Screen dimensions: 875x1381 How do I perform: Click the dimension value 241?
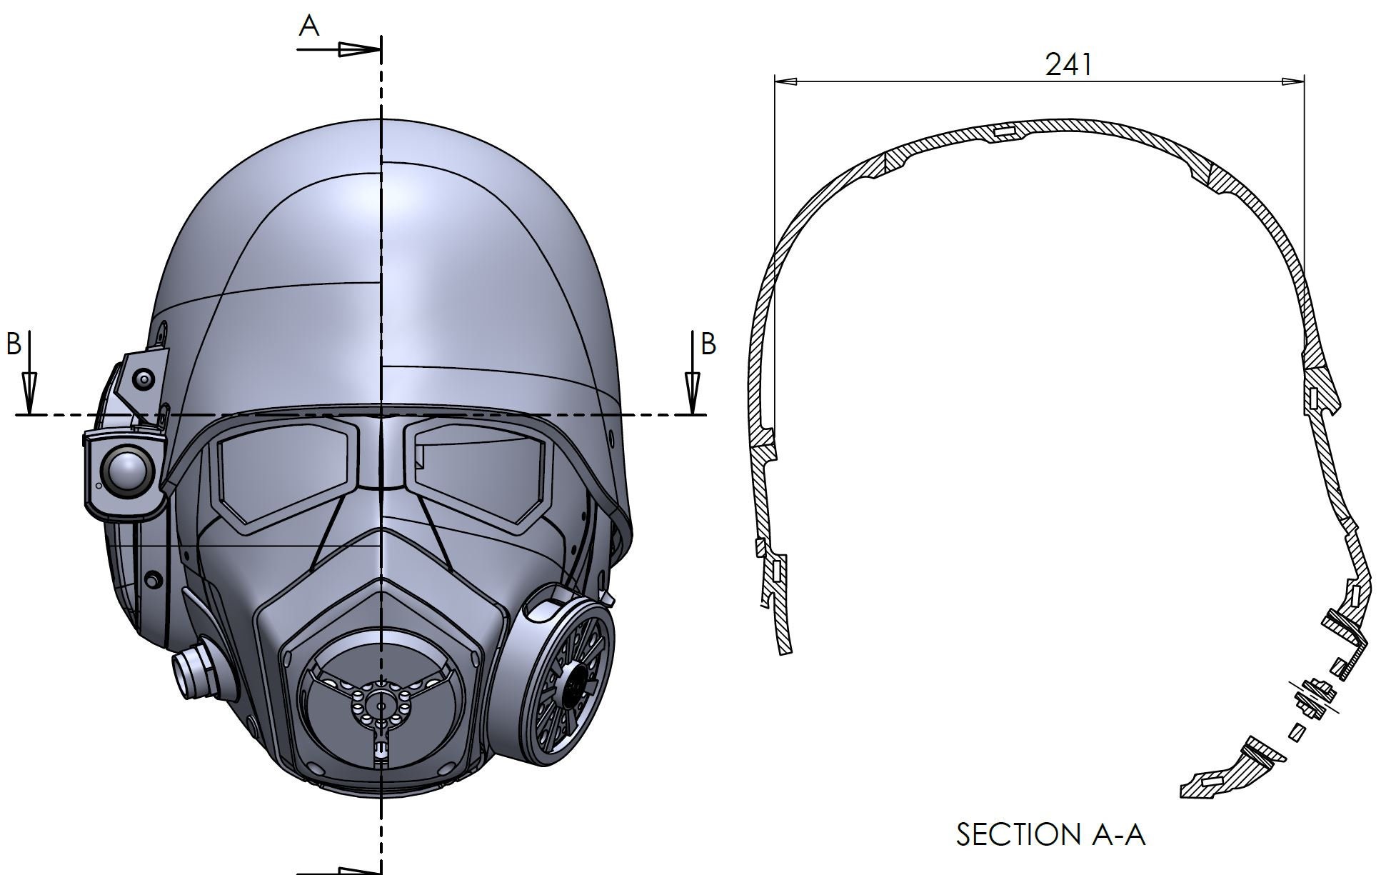(x=1068, y=65)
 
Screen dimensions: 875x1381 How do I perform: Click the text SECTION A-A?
(x=1050, y=834)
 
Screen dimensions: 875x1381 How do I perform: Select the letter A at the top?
(x=308, y=26)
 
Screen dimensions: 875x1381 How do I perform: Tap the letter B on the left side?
(x=14, y=344)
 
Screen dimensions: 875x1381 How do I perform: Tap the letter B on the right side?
(x=708, y=344)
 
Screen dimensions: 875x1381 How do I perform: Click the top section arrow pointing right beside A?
(x=357, y=49)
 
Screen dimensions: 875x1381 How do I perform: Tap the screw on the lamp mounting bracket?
(x=146, y=378)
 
